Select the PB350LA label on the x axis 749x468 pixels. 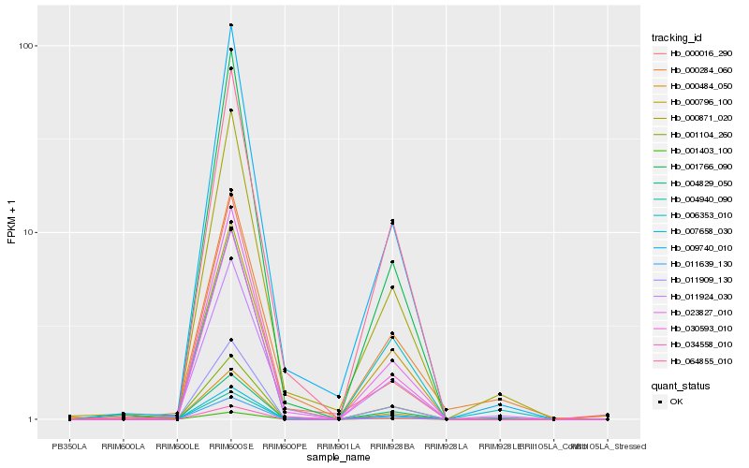69,446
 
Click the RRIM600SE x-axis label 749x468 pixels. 230,446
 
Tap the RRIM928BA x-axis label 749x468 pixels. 392,446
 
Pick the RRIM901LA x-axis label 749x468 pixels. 338,446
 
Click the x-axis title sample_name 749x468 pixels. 338,458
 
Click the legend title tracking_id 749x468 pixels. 677,37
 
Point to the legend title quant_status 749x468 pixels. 681,385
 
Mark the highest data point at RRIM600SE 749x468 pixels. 230,25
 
